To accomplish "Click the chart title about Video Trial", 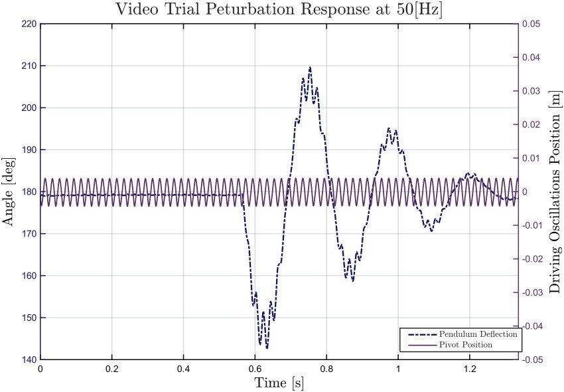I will click(x=279, y=9).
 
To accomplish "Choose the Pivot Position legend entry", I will click(x=465, y=345).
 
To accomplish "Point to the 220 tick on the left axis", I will click(x=29, y=24).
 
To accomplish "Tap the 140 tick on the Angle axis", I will click(x=29, y=359).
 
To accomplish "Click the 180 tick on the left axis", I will click(x=29, y=192).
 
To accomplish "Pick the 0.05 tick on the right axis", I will click(x=531, y=24).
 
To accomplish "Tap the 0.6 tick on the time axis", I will click(x=255, y=369).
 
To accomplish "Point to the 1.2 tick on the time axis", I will click(x=469, y=369).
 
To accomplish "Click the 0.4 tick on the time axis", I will click(x=183, y=369).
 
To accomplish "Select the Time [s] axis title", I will click(x=279, y=383).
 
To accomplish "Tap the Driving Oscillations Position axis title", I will click(x=555, y=192).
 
